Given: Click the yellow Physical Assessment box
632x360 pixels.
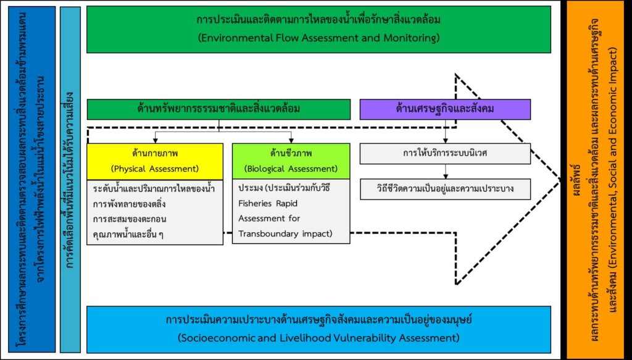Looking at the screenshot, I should click(155, 159).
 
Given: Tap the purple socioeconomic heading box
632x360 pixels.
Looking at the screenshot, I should click(446, 109).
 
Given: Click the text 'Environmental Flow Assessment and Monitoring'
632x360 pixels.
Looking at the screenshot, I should click(318, 38).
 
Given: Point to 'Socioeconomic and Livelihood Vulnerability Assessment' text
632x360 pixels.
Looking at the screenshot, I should click(318, 338).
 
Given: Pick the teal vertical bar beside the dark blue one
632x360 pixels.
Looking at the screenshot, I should click(71, 179).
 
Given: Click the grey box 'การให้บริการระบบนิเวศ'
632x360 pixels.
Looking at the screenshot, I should click(445, 153).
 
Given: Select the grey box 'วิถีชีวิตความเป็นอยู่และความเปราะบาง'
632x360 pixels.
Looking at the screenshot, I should click(445, 188).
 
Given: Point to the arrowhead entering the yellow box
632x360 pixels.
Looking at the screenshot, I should click(154, 141).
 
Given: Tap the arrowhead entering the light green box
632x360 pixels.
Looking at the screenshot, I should click(291, 141).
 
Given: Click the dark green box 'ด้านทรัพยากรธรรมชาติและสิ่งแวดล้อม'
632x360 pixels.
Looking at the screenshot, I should click(219, 109).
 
